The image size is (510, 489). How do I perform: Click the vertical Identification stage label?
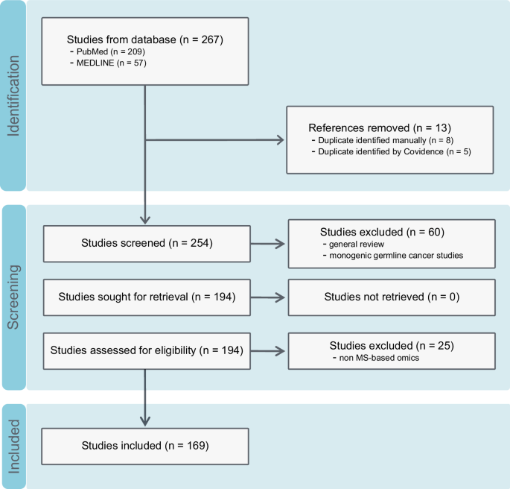coord(13,95)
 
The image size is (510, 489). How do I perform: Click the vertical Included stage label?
coord(13,447)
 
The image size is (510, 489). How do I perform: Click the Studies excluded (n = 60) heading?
coord(381,232)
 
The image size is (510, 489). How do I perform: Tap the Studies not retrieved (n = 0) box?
coord(391,297)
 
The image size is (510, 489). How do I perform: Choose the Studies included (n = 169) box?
coord(144,446)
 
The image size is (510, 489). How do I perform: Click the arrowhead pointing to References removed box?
coord(281,140)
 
